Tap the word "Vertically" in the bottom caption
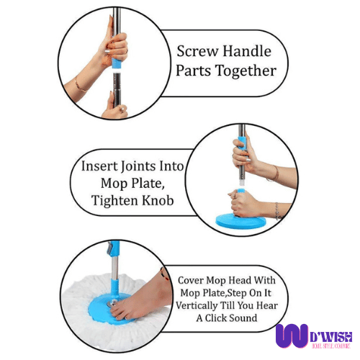pyautogui.click(x=197, y=305)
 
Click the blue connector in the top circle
pyautogui.click(x=116, y=63)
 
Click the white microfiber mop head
pyautogui.click(x=86, y=302)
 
